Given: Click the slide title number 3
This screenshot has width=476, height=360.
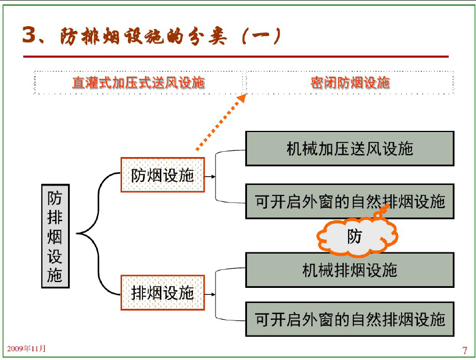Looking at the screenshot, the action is [30, 34].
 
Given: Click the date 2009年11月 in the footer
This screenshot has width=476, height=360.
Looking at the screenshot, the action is [26, 348].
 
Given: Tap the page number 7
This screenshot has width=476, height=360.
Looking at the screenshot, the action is [464, 351].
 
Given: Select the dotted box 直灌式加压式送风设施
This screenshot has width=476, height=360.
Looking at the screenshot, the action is [138, 83].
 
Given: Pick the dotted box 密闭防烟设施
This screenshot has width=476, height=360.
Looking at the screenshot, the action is [350, 83].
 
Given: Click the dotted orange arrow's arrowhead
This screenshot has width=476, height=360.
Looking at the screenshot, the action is [242, 98].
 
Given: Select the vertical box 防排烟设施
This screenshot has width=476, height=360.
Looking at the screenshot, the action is [56, 236].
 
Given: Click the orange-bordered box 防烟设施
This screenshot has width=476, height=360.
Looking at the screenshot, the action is [163, 174].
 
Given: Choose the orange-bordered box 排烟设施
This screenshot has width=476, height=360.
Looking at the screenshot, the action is [163, 293].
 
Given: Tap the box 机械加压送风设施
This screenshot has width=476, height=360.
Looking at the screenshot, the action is [350, 148].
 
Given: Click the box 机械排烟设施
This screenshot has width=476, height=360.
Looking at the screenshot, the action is [350, 270].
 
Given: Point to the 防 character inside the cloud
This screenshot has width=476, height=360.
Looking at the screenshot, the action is [355, 236].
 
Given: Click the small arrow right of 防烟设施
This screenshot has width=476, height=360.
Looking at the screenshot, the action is [210, 176].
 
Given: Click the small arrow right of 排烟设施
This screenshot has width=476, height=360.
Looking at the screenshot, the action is [210, 294].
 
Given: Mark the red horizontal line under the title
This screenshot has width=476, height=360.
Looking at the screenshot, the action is [236, 56].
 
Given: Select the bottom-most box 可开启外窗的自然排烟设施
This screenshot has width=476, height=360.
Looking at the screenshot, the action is [350, 319].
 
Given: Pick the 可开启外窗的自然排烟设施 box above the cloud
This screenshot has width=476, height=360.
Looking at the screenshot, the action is [350, 201].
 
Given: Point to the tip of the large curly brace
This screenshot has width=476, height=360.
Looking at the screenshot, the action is [77, 233].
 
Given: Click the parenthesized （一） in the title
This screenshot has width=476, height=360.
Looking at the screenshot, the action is [262, 36].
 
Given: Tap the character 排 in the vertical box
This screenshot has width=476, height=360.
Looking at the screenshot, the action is [55, 217].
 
